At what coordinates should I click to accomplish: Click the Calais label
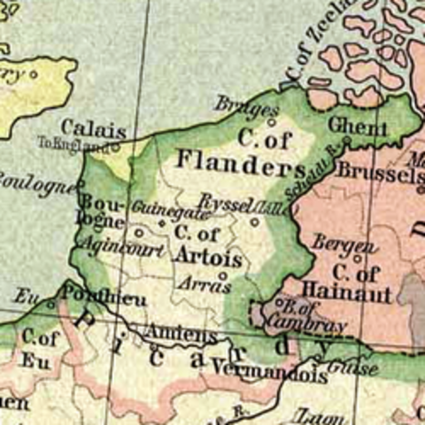(93, 128)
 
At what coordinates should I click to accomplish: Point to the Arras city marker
(223, 275)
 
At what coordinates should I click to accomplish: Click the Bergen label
(335, 243)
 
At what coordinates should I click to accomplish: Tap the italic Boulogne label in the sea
(35, 182)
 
